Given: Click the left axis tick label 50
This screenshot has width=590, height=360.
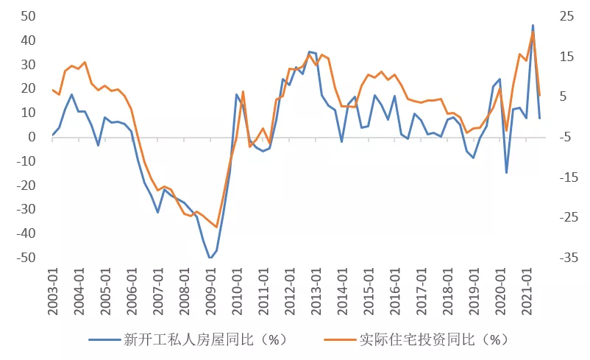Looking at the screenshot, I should tap(30, 16).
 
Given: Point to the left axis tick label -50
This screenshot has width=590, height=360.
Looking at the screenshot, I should tap(28, 258).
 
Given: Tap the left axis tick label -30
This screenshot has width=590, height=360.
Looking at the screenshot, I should tap(28, 210).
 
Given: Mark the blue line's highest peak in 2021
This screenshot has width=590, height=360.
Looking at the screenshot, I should tap(533, 26).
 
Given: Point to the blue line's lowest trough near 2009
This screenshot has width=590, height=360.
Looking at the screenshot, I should tap(210, 258).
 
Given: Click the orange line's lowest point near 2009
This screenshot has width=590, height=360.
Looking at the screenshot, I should tap(216, 227).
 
